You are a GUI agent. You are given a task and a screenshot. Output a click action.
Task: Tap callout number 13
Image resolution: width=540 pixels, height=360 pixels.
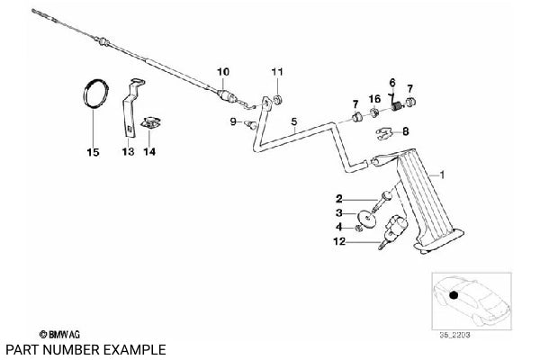point(129,152)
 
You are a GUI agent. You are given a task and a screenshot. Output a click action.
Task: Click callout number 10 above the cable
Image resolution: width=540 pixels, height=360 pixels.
point(223,70)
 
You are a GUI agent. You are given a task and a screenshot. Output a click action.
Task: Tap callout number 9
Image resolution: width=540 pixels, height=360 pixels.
point(232,121)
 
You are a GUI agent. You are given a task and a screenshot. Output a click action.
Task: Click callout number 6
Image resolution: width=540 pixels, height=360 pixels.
point(392,83)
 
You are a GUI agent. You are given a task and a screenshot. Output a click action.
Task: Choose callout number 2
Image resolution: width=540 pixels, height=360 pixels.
point(339,198)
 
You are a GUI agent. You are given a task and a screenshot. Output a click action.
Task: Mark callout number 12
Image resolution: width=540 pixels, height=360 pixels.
point(339,241)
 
